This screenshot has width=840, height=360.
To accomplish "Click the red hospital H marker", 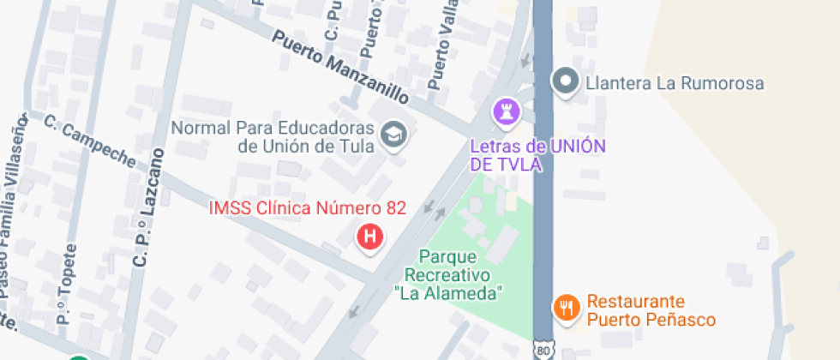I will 369,237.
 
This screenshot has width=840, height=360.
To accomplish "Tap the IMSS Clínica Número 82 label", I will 308,208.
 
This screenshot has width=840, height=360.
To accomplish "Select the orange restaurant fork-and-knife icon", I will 565,306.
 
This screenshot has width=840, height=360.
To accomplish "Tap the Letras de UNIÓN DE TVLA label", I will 537,154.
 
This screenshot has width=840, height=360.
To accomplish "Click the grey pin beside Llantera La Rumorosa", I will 565,83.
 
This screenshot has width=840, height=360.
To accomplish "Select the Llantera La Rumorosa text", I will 674,84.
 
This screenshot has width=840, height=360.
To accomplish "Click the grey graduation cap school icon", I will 394,134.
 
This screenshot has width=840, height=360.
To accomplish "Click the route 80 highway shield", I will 543,351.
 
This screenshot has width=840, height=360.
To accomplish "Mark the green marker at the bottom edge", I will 80,357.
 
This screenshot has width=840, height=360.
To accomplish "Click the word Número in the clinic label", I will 344,208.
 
